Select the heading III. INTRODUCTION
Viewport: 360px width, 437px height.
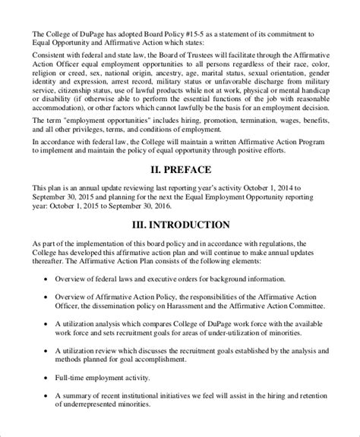pyautogui.click(x=179, y=225)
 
